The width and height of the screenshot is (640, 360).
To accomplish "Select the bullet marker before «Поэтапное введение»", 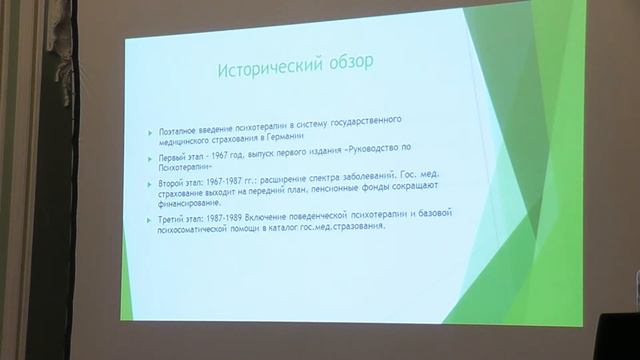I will pos(147,131).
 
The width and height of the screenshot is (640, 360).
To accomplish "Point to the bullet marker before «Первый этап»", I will pos(147,157).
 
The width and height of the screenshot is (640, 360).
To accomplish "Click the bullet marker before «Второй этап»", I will pos(147,184).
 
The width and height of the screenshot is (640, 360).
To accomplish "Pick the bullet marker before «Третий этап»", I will pos(147,217).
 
